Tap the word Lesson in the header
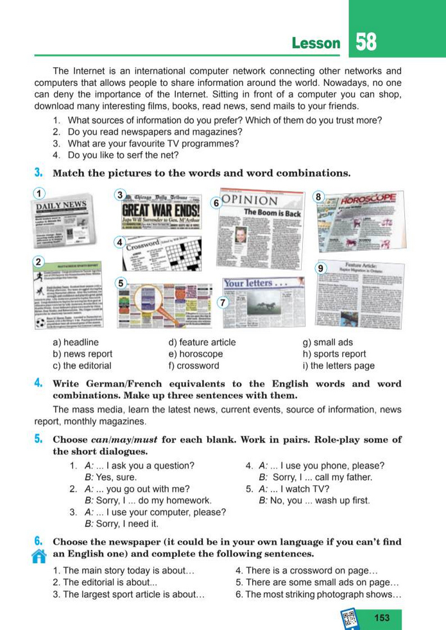click(316, 44)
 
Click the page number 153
click(382, 617)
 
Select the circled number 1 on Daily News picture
click(40, 193)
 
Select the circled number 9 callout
click(322, 269)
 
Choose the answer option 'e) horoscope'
click(195, 354)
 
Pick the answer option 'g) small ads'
click(327, 342)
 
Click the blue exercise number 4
click(39, 383)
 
